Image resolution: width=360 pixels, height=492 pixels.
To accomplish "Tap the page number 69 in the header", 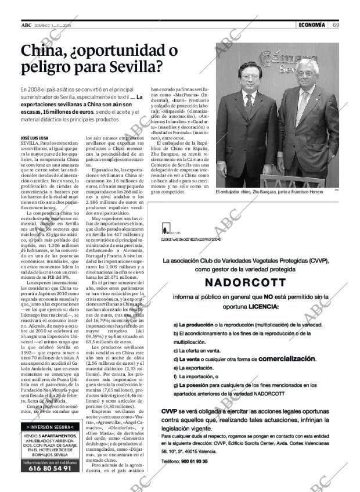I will pyautogui.click(x=336, y=24).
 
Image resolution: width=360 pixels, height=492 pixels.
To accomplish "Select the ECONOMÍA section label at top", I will pyautogui.click(x=311, y=24).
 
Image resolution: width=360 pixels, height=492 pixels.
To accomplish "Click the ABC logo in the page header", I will pyautogui.click(x=26, y=25).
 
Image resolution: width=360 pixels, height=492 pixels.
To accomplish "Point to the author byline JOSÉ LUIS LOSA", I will pyautogui.click(x=35, y=137).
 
